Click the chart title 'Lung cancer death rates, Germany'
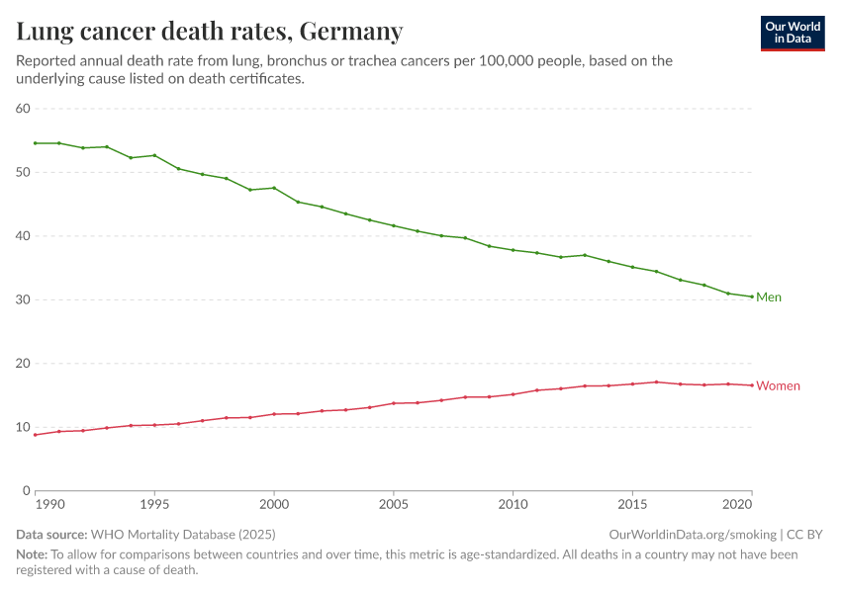pyautogui.click(x=210, y=32)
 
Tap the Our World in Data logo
pyautogui.click(x=793, y=33)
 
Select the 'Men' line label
pyautogui.click(x=769, y=297)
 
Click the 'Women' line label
pyautogui.click(x=778, y=385)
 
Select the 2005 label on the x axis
pyautogui.click(x=394, y=504)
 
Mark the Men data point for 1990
pyautogui.click(x=35, y=143)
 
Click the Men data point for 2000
pyautogui.click(x=274, y=188)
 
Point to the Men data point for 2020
pyautogui.click(x=752, y=296)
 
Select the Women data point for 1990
pyautogui.click(x=35, y=435)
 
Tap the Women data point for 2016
pyautogui.click(x=656, y=381)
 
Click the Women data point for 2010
pyautogui.click(x=513, y=394)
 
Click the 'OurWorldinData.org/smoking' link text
pyautogui.click(x=693, y=535)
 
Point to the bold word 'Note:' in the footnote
pyautogui.click(x=32, y=554)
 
